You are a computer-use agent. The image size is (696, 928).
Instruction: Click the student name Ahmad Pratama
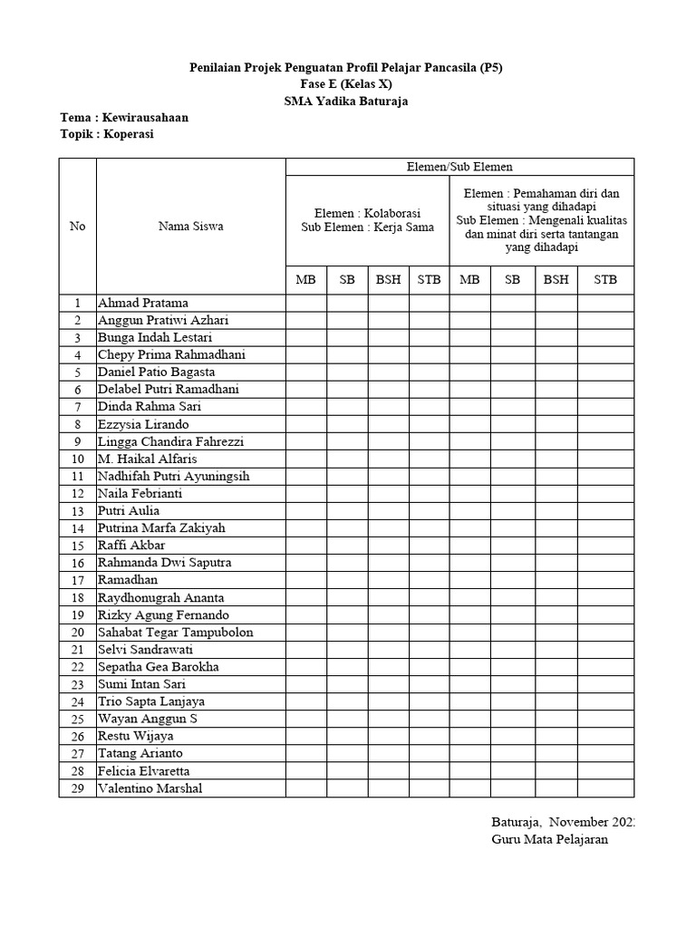143,303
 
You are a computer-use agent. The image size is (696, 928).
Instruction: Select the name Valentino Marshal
150,788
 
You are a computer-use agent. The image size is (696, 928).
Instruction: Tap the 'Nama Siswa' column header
190,226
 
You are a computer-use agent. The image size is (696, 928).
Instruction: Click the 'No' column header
77,226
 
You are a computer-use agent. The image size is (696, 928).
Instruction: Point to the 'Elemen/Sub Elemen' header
459,166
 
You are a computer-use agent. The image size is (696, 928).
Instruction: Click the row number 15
77,546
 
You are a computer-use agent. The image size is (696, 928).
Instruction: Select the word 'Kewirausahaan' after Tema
146,118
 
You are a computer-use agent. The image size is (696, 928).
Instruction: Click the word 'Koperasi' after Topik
128,134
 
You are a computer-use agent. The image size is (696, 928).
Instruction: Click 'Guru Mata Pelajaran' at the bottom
550,839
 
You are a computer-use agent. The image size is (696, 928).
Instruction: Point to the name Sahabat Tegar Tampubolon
176,632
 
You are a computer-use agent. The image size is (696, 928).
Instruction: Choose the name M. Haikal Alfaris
147,459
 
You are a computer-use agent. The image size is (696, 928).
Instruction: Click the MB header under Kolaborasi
306,279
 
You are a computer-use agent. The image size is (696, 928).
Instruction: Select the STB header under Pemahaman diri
604,279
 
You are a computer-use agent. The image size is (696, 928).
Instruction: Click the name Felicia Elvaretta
144,771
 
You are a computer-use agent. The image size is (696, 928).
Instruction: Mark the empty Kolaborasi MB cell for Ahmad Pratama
306,303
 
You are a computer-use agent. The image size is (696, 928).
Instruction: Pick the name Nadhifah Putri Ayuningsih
173,476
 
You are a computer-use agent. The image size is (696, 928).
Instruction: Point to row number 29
77,788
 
